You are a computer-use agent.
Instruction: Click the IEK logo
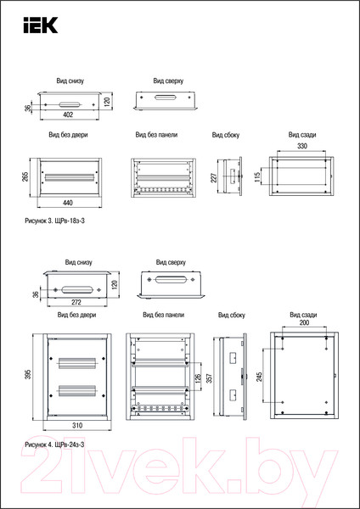click(40, 25)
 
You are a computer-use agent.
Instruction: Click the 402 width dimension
click(68, 115)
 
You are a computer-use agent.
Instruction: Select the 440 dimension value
click(68, 203)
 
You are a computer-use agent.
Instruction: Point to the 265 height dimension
click(25, 176)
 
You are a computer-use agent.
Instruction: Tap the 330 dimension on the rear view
click(302, 146)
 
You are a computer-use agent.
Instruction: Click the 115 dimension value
click(257, 177)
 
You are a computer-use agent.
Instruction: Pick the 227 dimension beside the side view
click(214, 177)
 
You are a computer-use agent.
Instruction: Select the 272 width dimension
click(76, 302)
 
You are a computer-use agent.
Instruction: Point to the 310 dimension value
click(77, 425)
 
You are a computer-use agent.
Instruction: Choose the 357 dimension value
click(210, 378)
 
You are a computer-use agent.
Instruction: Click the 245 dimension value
click(259, 377)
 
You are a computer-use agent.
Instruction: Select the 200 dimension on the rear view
click(304, 322)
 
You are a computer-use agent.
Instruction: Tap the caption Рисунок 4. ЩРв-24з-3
click(54, 445)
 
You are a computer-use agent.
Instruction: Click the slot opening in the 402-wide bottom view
click(70, 104)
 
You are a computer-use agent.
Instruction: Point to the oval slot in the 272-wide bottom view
click(77, 289)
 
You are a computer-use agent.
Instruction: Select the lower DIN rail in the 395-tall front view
click(77, 390)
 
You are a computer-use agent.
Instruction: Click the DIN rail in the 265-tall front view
click(70, 177)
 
